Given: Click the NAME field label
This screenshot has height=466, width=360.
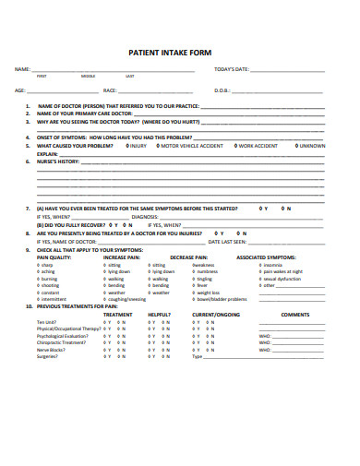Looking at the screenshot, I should tap(20, 70).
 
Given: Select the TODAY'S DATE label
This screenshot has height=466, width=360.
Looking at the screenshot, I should tap(231, 70).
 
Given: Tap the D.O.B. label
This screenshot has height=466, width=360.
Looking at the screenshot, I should tap(222, 91).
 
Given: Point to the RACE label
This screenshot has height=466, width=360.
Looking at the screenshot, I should tap(110, 91).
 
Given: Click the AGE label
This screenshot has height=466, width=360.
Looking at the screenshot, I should tap(19, 91).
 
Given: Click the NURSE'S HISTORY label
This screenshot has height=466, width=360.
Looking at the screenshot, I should tap(58, 161).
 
